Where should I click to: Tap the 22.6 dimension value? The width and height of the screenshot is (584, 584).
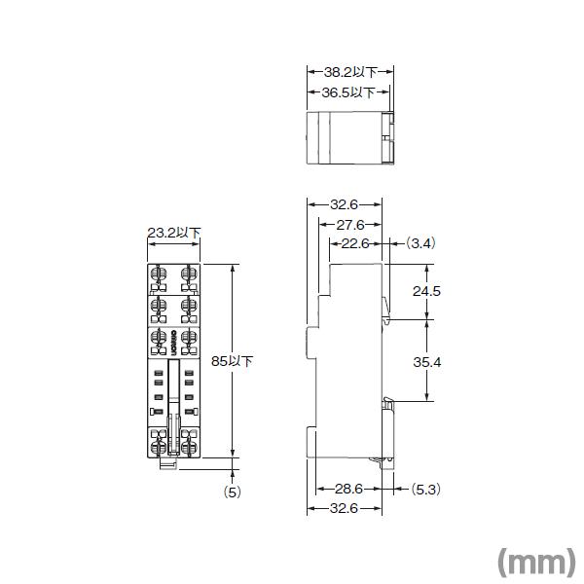click(x=354, y=243)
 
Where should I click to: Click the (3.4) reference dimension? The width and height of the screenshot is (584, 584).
click(x=420, y=243)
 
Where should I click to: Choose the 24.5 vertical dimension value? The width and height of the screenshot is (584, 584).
click(x=426, y=291)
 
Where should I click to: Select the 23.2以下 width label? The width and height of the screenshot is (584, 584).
click(x=173, y=234)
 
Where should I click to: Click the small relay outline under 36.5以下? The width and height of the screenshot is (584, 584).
click(x=349, y=138)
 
